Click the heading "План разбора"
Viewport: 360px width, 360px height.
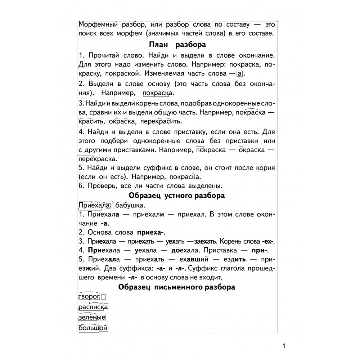pos(177,45)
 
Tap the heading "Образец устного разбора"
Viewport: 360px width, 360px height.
pos(177,196)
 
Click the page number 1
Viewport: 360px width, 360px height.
pos(284,346)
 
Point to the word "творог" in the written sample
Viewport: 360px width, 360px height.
pos(89,297)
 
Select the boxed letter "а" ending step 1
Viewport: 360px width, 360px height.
pos(240,74)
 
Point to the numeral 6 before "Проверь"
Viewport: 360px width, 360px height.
pos(80,186)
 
